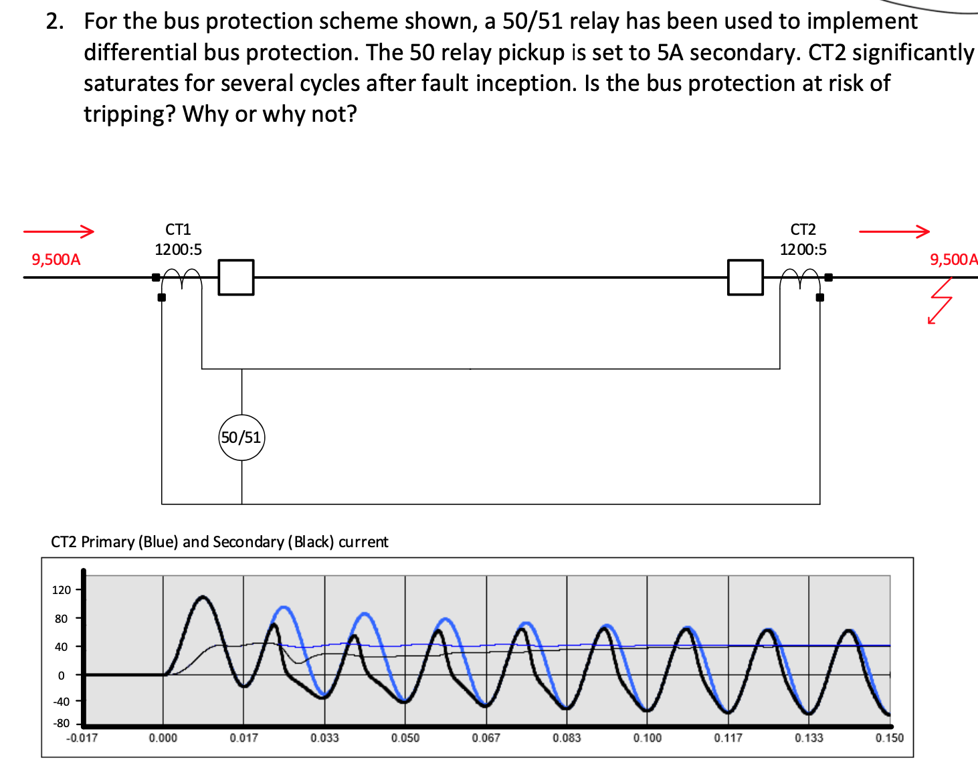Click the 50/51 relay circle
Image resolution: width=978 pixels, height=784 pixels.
point(241,437)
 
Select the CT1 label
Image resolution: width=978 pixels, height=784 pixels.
point(178,229)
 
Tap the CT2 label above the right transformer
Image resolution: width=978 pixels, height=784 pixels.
point(803,229)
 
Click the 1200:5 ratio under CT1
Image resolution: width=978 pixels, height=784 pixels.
point(178,250)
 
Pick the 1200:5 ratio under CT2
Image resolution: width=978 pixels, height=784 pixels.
point(803,250)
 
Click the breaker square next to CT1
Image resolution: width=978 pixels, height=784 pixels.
point(236,277)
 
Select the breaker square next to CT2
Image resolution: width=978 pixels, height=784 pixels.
point(745,277)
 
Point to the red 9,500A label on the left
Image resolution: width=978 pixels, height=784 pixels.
point(56,260)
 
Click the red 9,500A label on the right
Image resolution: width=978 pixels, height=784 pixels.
point(953,260)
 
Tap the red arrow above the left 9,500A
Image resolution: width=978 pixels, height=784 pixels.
point(58,231)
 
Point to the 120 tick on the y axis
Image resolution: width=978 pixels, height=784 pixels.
point(62,590)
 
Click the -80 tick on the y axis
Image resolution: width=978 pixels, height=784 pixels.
point(62,723)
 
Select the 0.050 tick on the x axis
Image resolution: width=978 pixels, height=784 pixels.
point(405,738)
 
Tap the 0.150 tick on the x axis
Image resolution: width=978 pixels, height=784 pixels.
point(889,738)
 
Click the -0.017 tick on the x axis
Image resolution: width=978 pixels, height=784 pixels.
point(82,738)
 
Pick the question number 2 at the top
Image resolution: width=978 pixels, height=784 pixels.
point(55,21)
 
